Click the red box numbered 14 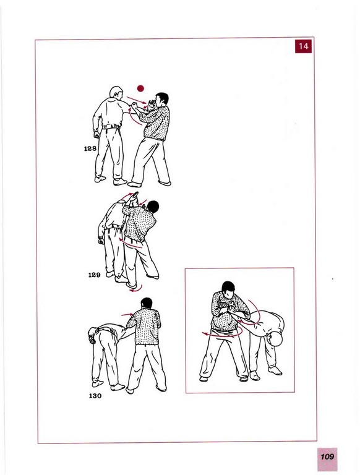(303, 46)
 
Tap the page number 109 (327, 456)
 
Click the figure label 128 (90, 148)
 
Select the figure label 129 (94, 275)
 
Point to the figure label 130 (95, 396)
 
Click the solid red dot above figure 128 (140, 88)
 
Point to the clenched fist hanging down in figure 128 (97, 134)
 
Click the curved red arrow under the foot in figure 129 (135, 289)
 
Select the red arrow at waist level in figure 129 (131, 243)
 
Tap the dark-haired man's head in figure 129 (153, 207)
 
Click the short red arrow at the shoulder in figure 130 (127, 314)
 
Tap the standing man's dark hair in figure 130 (147, 302)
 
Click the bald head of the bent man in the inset (275, 339)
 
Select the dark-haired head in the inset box (228, 289)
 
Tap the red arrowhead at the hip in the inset (205, 334)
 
